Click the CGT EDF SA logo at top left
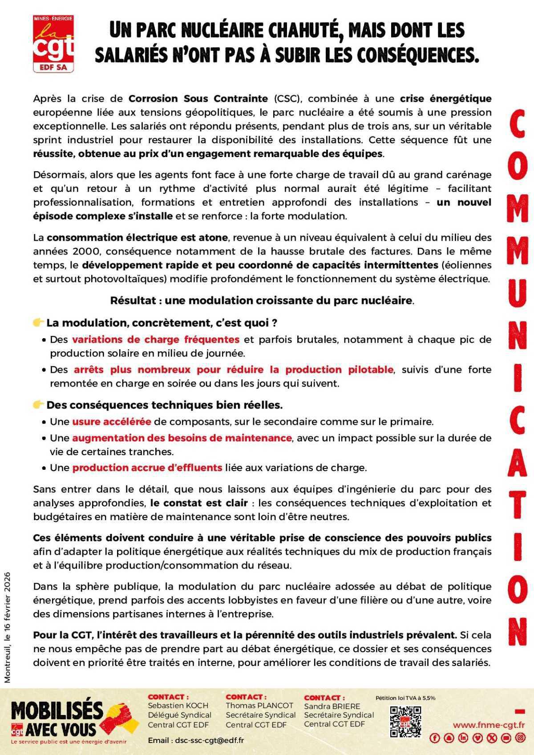click(x=53, y=43)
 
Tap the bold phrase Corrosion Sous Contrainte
click(x=198, y=98)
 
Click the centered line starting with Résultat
click(x=262, y=300)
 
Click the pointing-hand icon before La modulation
click(x=39, y=322)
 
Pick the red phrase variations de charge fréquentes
click(x=156, y=339)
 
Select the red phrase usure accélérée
click(x=112, y=421)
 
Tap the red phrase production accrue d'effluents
click(x=147, y=468)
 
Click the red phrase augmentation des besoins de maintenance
click(x=182, y=438)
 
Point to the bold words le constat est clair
click(x=199, y=503)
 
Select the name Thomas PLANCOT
click(x=259, y=705)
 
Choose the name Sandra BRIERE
click(x=332, y=706)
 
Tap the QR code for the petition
click(x=405, y=722)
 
